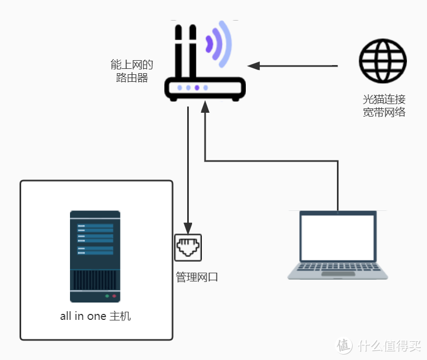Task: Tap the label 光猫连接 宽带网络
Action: click(x=384, y=106)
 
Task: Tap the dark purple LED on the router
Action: click(x=197, y=88)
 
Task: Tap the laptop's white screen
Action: click(x=338, y=237)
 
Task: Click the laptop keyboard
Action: click(x=337, y=267)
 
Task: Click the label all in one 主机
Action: click(x=95, y=316)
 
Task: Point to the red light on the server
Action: click(x=114, y=296)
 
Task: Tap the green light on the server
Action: click(x=107, y=296)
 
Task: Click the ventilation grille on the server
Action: click(x=95, y=280)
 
